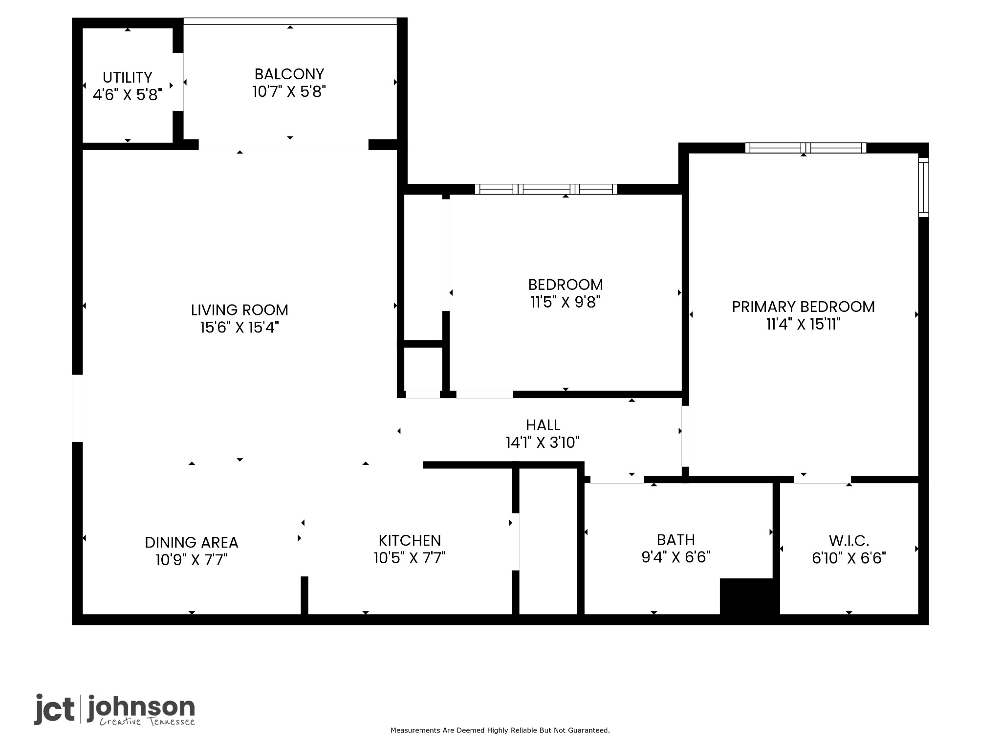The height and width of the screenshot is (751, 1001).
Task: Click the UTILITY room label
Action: (x=127, y=77)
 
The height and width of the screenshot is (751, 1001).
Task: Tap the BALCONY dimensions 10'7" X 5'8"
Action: (x=289, y=91)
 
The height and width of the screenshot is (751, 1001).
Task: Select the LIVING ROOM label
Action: (x=239, y=309)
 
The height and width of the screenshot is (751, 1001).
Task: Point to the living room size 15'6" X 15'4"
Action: (x=239, y=327)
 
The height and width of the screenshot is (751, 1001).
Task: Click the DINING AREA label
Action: (x=192, y=542)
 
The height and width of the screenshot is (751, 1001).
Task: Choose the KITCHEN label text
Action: (x=410, y=540)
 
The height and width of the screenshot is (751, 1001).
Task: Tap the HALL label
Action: (x=543, y=425)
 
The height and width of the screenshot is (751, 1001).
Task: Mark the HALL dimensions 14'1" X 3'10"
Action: (x=543, y=442)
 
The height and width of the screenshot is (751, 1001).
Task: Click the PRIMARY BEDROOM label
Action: (x=803, y=307)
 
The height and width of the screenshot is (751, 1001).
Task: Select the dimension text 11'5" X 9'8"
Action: (x=566, y=302)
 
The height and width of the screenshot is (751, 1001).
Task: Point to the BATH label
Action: (x=676, y=540)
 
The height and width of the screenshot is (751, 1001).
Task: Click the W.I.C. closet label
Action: (x=849, y=541)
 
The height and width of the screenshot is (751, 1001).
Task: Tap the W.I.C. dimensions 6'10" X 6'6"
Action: (x=849, y=558)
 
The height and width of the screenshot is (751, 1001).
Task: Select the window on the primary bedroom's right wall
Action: (x=923, y=187)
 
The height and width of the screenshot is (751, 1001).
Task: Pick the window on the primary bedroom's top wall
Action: (x=805, y=148)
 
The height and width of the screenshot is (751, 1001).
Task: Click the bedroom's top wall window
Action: (x=546, y=189)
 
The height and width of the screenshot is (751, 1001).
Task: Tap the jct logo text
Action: (x=54, y=709)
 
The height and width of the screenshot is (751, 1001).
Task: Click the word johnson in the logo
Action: (x=141, y=707)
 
